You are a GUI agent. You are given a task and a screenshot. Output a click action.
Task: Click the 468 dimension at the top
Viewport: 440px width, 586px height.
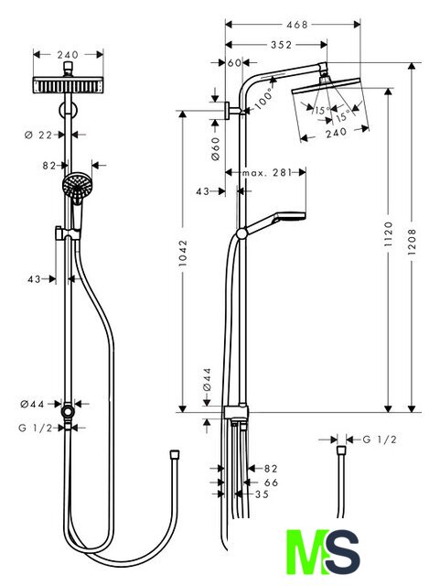(296, 25)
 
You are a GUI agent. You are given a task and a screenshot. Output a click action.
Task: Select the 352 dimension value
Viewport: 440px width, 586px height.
(281, 45)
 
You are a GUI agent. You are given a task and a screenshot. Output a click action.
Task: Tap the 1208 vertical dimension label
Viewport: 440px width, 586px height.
(412, 242)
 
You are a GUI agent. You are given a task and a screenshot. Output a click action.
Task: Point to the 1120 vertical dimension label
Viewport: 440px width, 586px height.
(389, 234)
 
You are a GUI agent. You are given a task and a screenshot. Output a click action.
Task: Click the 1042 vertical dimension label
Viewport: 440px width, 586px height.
(183, 254)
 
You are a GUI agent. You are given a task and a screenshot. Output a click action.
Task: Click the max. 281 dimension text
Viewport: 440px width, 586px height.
(266, 173)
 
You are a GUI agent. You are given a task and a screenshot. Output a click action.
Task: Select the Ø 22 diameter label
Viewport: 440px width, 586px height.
(38, 135)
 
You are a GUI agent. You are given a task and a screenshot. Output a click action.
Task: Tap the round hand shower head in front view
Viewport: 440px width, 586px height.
(77, 185)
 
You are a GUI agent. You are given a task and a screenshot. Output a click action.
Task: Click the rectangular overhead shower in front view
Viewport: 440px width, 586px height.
(68, 85)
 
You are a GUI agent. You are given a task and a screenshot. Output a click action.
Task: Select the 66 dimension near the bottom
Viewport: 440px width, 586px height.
(271, 483)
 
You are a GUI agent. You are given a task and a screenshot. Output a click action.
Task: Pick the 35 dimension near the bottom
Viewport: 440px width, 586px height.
(262, 494)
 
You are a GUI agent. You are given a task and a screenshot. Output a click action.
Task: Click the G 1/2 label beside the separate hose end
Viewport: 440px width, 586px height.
(379, 439)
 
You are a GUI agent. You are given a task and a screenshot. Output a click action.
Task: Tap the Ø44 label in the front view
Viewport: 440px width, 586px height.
(33, 404)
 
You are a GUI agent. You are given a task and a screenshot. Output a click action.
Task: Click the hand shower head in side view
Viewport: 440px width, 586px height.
(290, 216)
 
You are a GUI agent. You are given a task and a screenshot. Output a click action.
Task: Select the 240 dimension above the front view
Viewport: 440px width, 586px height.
(68, 55)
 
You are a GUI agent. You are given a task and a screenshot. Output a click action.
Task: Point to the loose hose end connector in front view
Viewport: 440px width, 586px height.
(175, 454)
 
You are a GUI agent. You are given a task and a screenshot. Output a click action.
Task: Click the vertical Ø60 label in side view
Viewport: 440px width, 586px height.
(216, 148)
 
